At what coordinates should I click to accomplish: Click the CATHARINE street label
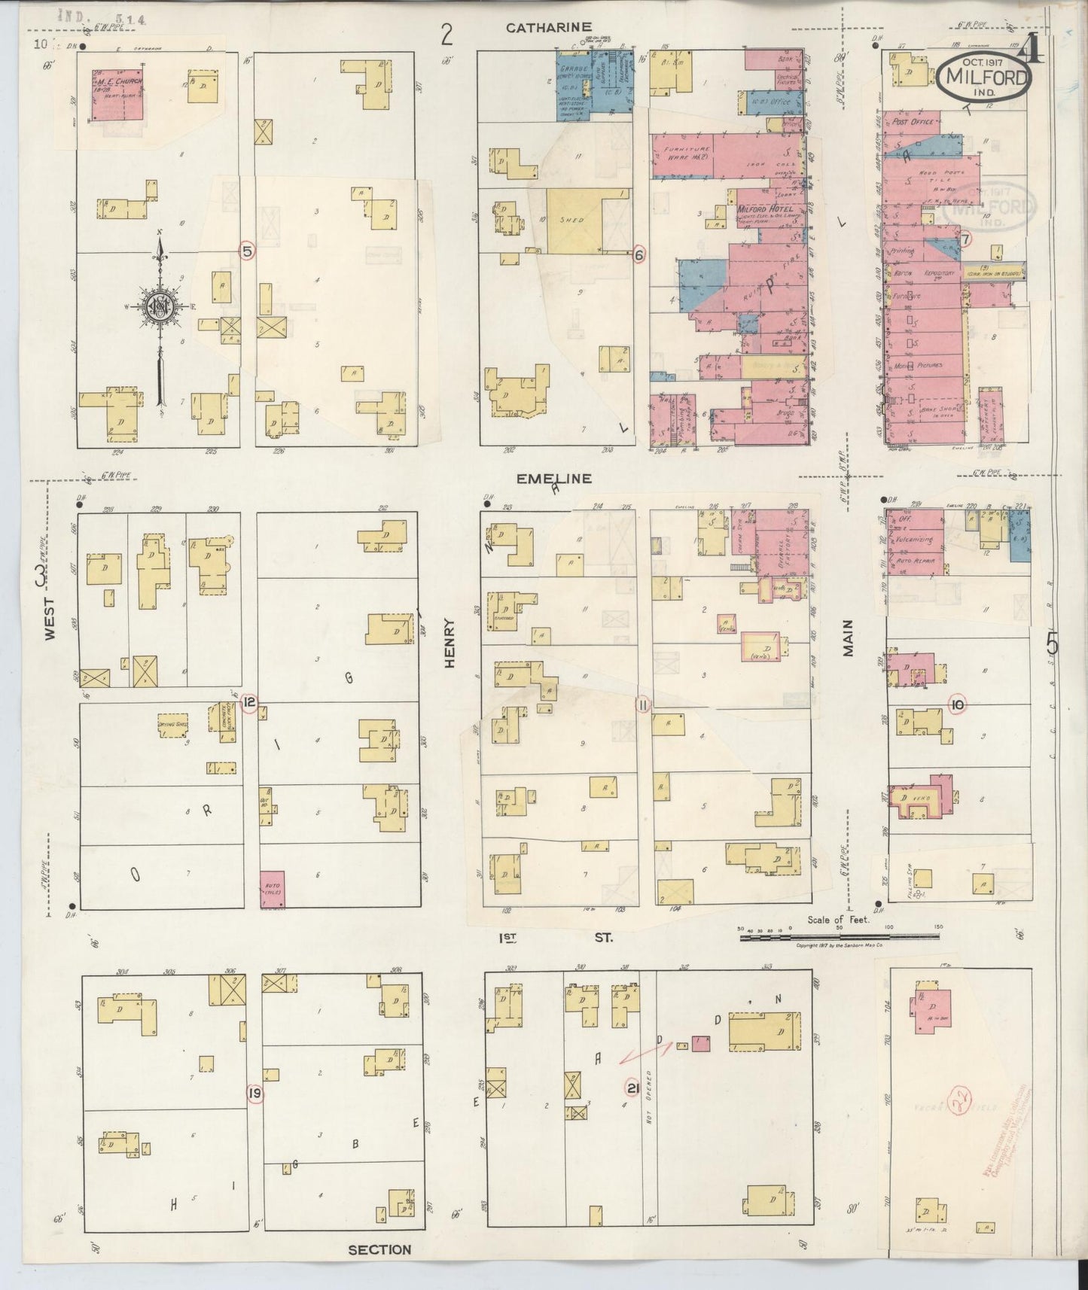pyautogui.click(x=548, y=28)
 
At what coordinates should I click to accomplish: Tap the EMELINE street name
pyautogui.click(x=553, y=478)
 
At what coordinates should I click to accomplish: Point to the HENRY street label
pyautogui.click(x=450, y=643)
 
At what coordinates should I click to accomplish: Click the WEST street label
pyautogui.click(x=50, y=619)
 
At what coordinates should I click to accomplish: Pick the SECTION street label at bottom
pyautogui.click(x=379, y=1249)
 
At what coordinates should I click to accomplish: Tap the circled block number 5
pyautogui.click(x=246, y=250)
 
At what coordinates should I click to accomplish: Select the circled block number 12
pyautogui.click(x=250, y=704)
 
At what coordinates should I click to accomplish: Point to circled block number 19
pyautogui.click(x=255, y=1093)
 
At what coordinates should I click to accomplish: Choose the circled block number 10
pyautogui.click(x=957, y=704)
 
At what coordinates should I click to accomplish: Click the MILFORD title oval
pyautogui.click(x=983, y=77)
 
